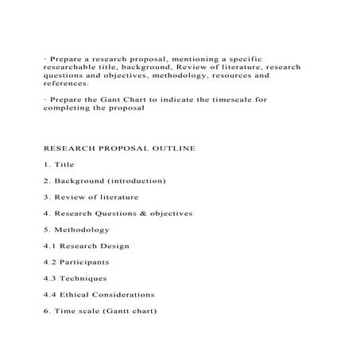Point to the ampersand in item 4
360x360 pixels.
point(145,213)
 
